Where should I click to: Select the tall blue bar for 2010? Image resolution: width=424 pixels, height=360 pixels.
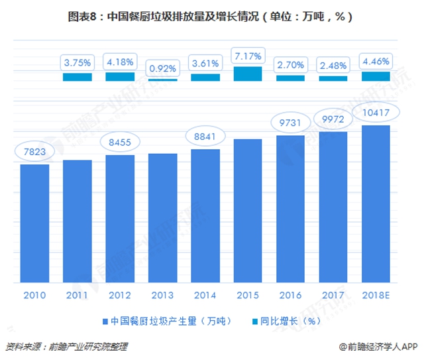[x=34, y=223]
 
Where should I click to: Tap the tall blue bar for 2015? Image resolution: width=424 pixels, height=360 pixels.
[x=248, y=211]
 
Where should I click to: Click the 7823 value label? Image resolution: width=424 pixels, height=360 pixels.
[x=34, y=151]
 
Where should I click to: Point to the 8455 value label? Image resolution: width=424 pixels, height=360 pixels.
[x=120, y=142]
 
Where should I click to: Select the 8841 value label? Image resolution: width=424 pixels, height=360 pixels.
[x=205, y=137]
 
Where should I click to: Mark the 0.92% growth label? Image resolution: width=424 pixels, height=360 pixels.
[x=162, y=66]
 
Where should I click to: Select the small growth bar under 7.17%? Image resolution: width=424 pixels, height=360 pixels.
[x=248, y=74]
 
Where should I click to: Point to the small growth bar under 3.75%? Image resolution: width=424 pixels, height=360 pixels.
[x=77, y=77]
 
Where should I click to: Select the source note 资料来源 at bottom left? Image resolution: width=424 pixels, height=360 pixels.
[x=66, y=346]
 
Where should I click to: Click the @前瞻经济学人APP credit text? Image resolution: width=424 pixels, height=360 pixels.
[x=377, y=346]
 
